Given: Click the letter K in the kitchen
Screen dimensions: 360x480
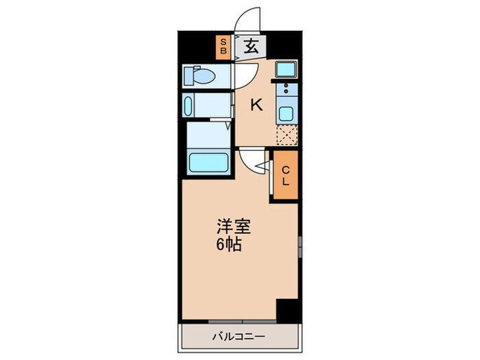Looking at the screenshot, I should tap(256, 106).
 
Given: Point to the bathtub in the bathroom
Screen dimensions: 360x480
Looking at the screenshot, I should tap(209, 164).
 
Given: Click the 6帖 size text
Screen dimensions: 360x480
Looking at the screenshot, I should tap(229, 245).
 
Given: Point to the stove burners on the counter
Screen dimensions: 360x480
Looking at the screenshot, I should tap(287, 88).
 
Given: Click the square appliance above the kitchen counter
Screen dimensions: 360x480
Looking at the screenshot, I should tap(286, 69).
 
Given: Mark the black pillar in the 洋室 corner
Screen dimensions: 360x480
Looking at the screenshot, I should tap(289, 310).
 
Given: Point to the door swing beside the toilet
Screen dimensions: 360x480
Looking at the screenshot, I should tap(245, 73).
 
